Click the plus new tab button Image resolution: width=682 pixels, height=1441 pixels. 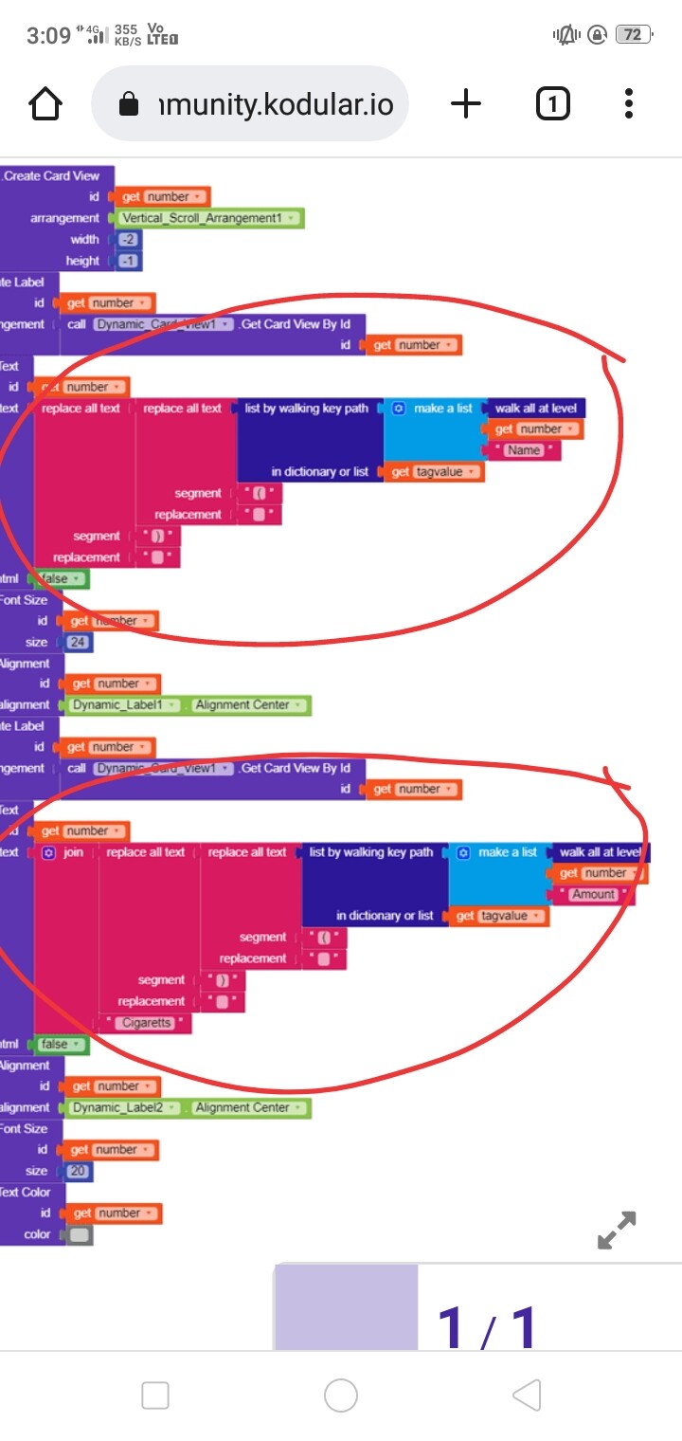[x=465, y=104]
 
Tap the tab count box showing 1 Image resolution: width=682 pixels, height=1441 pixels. [x=553, y=104]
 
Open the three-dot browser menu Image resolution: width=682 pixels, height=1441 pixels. [x=629, y=104]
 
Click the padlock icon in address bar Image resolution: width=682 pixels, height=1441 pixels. [x=129, y=105]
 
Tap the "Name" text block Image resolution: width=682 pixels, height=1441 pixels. [x=524, y=450]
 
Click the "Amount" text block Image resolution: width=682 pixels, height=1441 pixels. [x=593, y=894]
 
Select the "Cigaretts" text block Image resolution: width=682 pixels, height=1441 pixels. [x=147, y=1023]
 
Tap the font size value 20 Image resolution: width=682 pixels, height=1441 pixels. [x=79, y=1171]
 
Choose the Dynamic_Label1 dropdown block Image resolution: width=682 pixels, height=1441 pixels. [x=125, y=705]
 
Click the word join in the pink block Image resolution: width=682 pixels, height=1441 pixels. [x=73, y=852]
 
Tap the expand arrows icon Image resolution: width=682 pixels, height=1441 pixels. [x=617, y=1230]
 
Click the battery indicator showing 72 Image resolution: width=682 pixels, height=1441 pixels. [x=631, y=35]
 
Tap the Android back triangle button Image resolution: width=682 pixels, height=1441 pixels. [x=527, y=1395]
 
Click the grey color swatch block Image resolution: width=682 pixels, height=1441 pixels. [x=80, y=1235]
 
